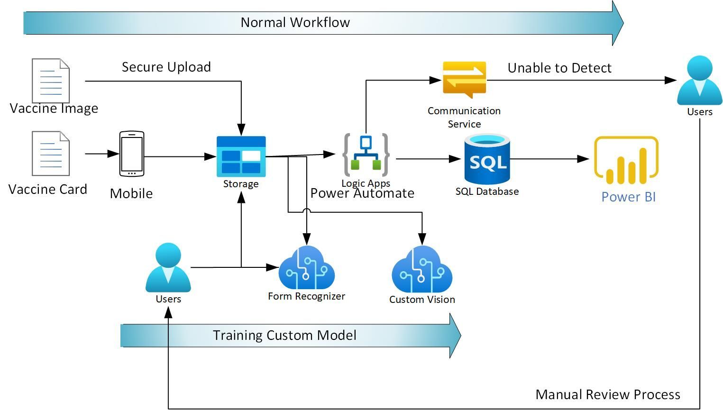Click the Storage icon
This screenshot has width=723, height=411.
(241, 155)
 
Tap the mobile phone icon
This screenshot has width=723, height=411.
(131, 154)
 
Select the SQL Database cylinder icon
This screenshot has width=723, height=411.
(487, 159)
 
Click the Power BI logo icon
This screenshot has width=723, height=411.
(626, 160)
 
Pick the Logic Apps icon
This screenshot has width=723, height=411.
(366, 155)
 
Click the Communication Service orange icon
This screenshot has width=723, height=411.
(464, 79)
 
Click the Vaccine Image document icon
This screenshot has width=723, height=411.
(51, 80)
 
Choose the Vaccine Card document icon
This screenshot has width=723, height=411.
(51, 153)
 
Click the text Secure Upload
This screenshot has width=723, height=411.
(166, 67)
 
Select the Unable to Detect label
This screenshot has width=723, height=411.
(559, 68)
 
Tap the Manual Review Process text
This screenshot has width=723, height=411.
(608, 394)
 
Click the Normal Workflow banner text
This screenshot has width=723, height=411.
(295, 22)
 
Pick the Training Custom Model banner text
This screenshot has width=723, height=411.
(284, 335)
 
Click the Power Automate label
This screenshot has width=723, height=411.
(362, 193)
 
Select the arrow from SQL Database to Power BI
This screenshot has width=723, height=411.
(549, 159)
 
